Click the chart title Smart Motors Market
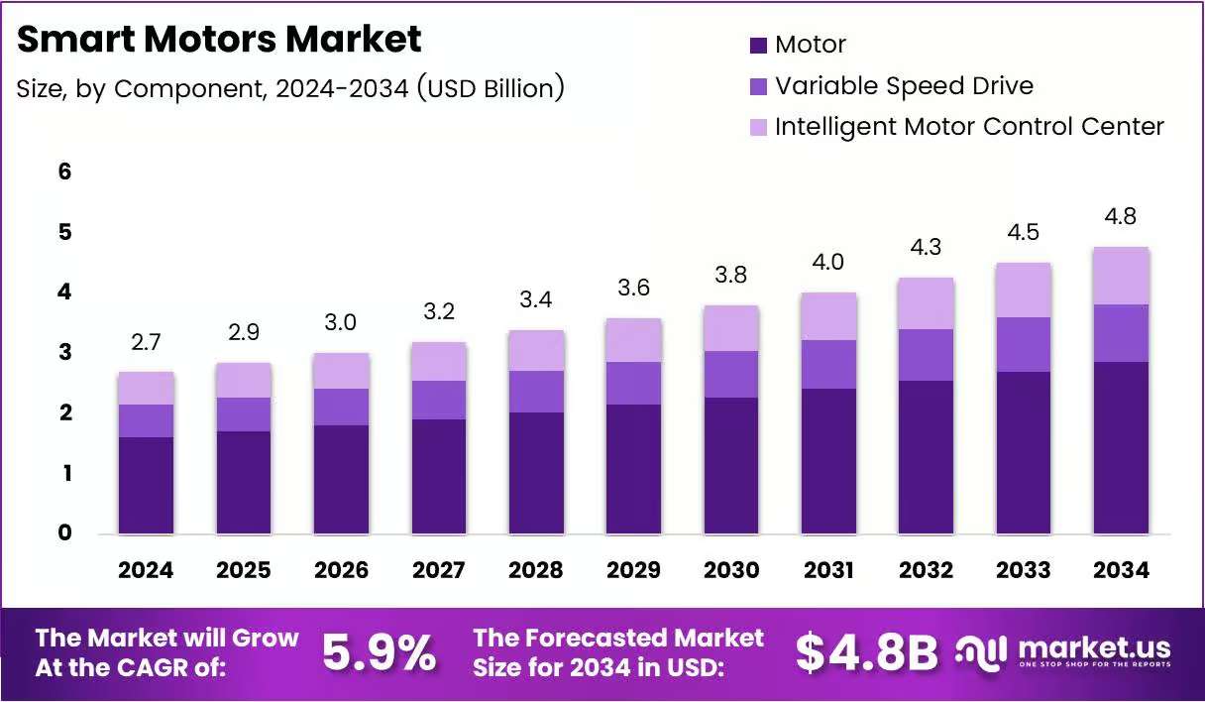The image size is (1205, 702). pyautogui.click(x=219, y=40)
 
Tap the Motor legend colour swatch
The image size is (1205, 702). pyautogui.click(x=758, y=46)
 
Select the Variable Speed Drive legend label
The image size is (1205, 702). pyautogui.click(x=905, y=86)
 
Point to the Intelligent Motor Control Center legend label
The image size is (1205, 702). pyautogui.click(x=969, y=127)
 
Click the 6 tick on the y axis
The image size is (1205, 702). pyautogui.click(x=64, y=172)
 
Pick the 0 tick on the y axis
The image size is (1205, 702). pyautogui.click(x=64, y=532)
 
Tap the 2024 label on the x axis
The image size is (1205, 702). pyautogui.click(x=146, y=570)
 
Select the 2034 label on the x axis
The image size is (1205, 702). pyautogui.click(x=1121, y=570)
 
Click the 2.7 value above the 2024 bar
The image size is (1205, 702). pyautogui.click(x=146, y=342)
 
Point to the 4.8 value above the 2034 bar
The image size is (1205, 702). pyautogui.click(x=1121, y=216)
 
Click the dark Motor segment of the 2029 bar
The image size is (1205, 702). pyautogui.click(x=633, y=469)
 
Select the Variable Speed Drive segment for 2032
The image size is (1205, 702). pyautogui.click(x=926, y=355)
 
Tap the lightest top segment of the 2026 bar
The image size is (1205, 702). pyautogui.click(x=342, y=371)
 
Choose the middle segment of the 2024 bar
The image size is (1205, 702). pyautogui.click(x=146, y=421)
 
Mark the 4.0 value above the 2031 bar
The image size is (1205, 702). pyautogui.click(x=828, y=262)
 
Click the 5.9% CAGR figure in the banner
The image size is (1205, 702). pyautogui.click(x=380, y=652)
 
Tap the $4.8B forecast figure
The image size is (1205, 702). pyautogui.click(x=867, y=653)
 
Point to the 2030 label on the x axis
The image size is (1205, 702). pyautogui.click(x=731, y=570)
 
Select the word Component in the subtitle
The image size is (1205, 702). pyautogui.click(x=190, y=89)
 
